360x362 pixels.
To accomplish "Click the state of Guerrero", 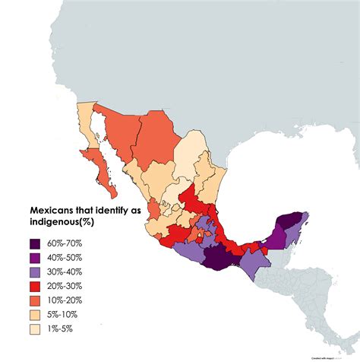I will [190, 250].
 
